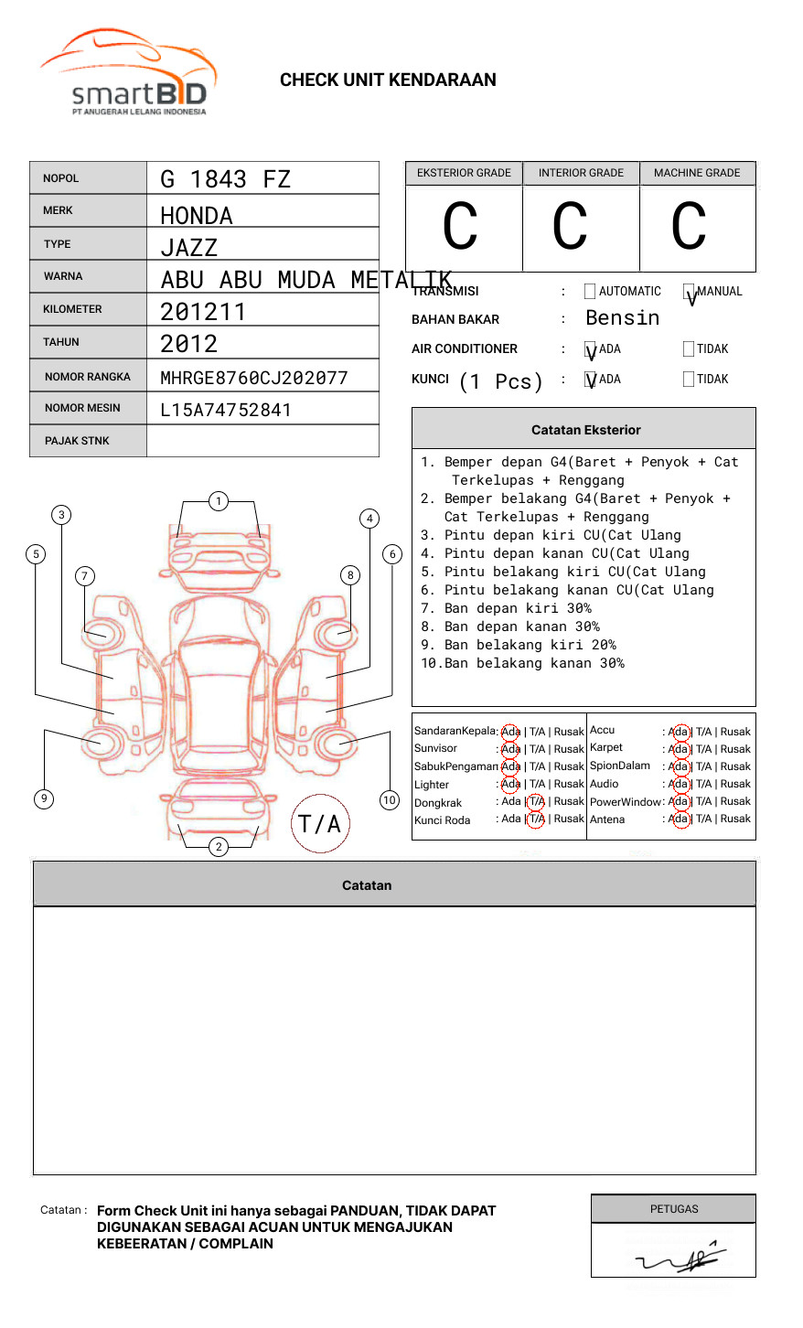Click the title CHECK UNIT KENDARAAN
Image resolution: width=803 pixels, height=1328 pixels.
click(388, 80)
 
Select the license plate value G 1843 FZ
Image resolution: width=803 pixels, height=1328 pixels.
click(225, 179)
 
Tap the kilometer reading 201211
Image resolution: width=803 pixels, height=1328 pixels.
click(203, 312)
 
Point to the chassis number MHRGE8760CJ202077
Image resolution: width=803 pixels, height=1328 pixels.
click(253, 378)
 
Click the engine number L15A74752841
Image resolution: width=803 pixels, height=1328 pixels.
click(225, 410)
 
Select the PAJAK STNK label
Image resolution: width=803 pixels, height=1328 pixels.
click(77, 441)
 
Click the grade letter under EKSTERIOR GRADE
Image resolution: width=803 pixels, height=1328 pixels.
click(460, 227)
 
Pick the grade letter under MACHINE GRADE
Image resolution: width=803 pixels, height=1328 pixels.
click(689, 227)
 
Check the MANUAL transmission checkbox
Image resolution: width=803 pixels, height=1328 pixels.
click(689, 292)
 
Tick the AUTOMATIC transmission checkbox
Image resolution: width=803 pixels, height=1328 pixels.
click(590, 292)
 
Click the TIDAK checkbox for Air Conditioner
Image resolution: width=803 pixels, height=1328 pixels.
click(689, 349)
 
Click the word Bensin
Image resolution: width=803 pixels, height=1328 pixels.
click(622, 318)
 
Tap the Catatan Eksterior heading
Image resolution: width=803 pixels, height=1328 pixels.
click(585, 430)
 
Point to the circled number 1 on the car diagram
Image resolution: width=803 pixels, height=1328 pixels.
click(218, 501)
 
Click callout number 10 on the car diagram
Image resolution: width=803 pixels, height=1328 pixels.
click(390, 800)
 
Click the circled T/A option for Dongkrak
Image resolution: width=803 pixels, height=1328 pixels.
click(536, 802)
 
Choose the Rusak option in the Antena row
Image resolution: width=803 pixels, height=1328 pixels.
click(735, 819)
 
